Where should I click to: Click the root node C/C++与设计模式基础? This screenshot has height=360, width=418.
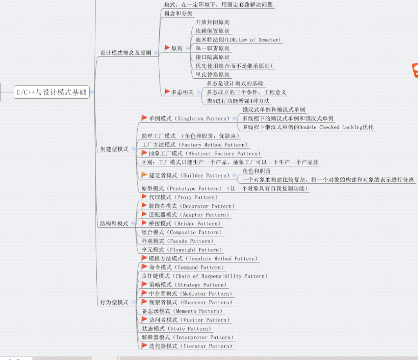pos(52,92)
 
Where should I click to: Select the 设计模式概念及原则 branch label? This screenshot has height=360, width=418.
pos(126,53)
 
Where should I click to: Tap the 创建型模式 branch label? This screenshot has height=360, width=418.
pos(114,149)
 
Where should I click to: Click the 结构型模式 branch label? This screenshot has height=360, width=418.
pos(114,224)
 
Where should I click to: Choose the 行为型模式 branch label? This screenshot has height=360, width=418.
pos(114,302)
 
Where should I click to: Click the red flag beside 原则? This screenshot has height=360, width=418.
pos(167,48)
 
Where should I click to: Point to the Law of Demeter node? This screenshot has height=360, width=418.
pos(238,40)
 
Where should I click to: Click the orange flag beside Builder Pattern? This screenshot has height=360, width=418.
pos(144,175)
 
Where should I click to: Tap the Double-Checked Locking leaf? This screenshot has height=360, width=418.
pos(308,127)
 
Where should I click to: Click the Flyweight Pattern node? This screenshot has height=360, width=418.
pos(182,250)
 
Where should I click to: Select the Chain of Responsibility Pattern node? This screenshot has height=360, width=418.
pos(205,276)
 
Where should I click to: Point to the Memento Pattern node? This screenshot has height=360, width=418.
pos(182,311)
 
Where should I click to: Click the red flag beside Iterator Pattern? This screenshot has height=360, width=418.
pos(144,346)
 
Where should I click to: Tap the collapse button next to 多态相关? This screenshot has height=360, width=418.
pos(199,92)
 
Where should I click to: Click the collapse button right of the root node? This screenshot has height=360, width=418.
pos(92,92)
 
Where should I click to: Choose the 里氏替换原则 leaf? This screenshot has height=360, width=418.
pos(213,75)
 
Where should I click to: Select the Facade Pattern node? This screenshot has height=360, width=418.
pos(178,241)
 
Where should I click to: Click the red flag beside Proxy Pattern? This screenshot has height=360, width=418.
pos(144,197)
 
